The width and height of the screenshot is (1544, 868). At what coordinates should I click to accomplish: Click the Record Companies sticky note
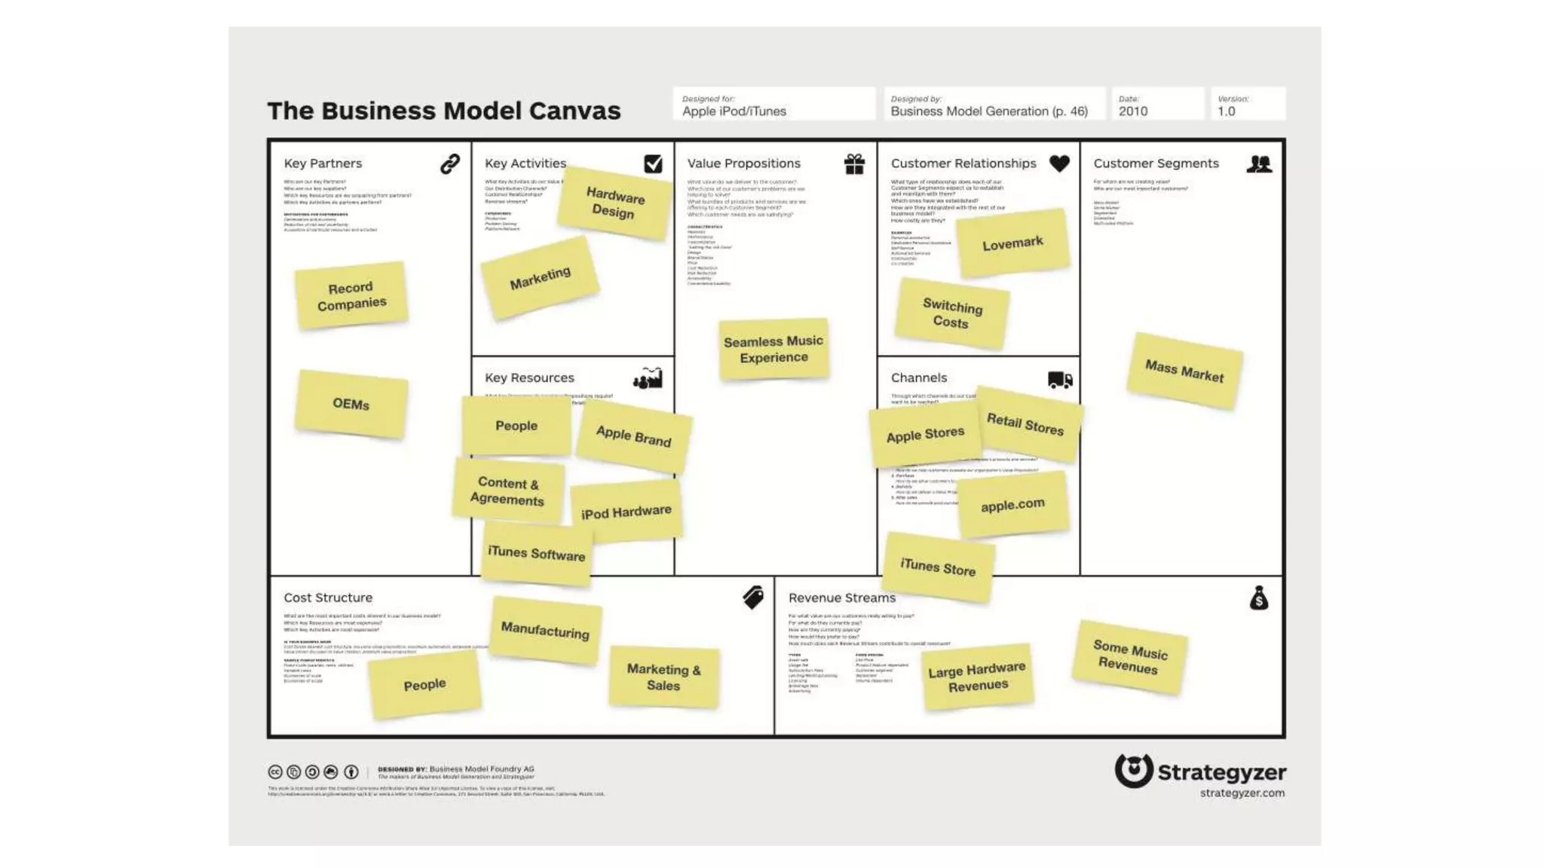(351, 295)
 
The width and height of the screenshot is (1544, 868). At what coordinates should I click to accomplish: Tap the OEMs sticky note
(351, 404)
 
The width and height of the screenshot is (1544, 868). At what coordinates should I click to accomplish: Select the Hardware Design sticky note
(614, 203)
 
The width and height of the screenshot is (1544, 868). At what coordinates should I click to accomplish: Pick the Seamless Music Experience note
(774, 349)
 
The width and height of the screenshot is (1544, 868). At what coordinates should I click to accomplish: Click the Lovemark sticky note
(1012, 243)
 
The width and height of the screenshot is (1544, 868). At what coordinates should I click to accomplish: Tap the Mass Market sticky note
(1184, 371)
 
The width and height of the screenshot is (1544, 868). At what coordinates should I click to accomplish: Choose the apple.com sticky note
(1012, 504)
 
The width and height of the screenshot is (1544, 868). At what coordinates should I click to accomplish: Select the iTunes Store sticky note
(938, 567)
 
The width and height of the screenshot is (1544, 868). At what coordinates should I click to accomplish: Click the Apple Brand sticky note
(633, 436)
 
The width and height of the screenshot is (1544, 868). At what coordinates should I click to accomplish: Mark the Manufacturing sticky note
(545, 630)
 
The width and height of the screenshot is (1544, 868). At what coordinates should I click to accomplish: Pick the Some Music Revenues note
(1129, 656)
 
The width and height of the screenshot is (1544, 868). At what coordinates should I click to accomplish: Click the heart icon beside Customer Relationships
(1059, 164)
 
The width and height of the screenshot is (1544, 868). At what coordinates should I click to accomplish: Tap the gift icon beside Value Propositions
(854, 164)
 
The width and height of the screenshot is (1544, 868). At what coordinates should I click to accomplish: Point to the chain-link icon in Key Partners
(450, 164)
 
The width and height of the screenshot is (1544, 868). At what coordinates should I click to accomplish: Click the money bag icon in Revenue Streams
(1258, 598)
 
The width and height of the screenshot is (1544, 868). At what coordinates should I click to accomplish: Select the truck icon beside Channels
(1059, 379)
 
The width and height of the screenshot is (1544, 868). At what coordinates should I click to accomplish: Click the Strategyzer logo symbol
(1134, 770)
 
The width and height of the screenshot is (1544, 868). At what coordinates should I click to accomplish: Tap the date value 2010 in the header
(1132, 112)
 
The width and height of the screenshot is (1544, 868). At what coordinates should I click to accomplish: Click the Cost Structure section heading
(328, 598)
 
